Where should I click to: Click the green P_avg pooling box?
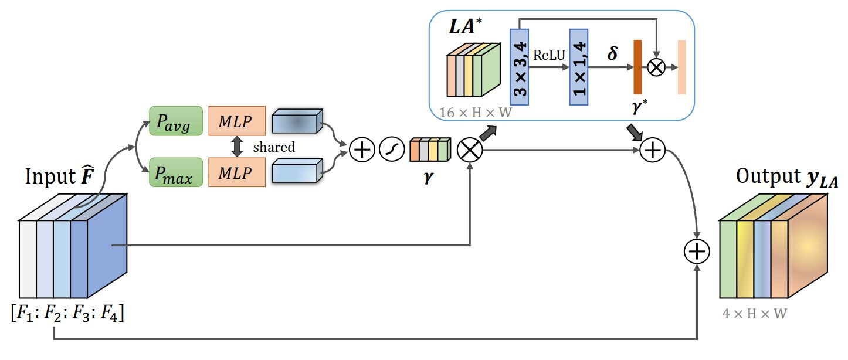176,121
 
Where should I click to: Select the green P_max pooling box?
176,172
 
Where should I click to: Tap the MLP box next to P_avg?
237,121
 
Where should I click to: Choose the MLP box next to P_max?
237,172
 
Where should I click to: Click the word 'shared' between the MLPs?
274,147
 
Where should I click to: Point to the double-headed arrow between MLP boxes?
237,147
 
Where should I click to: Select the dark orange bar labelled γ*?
637,67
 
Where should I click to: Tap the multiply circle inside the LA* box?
656,67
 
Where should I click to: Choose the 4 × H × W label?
754,314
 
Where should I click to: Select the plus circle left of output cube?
697,252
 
